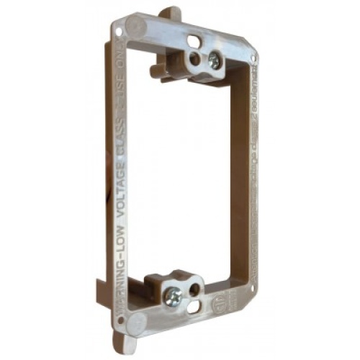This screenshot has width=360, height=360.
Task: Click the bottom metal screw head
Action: click(174, 295)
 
